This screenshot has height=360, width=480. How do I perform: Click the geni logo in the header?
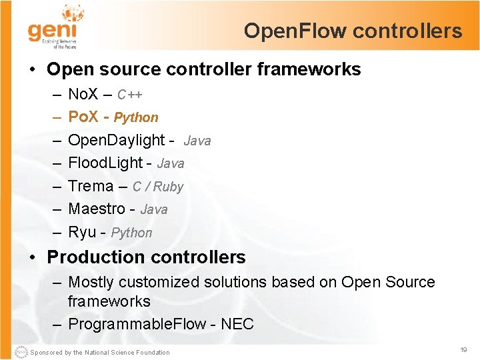click(53, 28)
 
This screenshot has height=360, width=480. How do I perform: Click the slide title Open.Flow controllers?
click(353, 31)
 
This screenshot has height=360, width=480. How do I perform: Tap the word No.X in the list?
click(83, 94)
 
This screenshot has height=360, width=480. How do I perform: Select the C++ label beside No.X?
click(130, 95)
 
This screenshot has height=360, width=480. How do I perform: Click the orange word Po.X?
click(83, 117)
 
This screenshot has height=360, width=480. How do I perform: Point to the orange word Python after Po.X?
click(136, 117)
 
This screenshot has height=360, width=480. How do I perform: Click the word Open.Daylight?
click(117, 140)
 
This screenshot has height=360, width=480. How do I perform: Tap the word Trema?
click(91, 186)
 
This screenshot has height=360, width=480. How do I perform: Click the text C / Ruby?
click(158, 187)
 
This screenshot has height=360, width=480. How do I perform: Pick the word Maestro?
click(97, 209)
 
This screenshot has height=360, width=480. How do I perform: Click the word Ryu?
click(82, 232)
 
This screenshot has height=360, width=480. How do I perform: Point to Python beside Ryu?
click(131, 233)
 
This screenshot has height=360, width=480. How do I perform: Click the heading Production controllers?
click(146, 257)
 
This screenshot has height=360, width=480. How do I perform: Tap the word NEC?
click(237, 324)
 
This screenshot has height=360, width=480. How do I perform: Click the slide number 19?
click(463, 349)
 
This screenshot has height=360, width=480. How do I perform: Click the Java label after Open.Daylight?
click(197, 141)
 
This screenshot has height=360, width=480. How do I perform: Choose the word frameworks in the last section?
click(109, 301)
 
